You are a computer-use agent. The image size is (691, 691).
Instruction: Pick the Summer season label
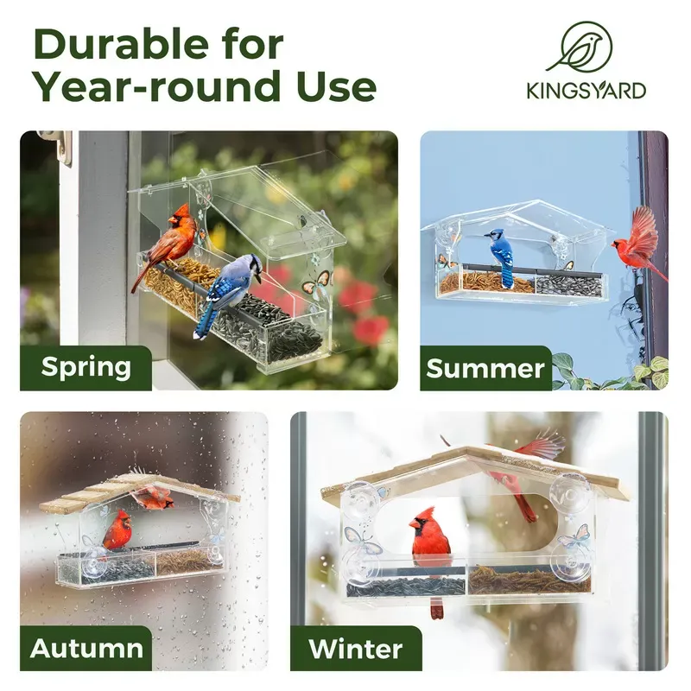point(486,369)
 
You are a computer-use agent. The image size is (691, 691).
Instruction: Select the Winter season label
point(356,649)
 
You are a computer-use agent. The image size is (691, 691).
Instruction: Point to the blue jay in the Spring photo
point(226,289)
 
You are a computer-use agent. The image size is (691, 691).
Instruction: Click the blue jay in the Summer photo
point(500,255)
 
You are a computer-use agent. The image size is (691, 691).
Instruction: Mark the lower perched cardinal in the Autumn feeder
point(117,531)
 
